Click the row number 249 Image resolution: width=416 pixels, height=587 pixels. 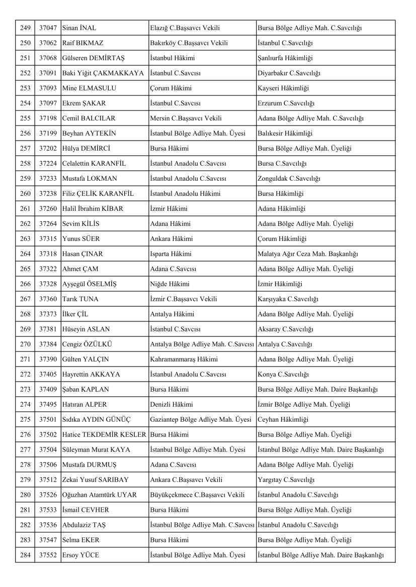point(25,28)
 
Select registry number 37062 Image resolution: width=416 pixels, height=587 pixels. point(48,43)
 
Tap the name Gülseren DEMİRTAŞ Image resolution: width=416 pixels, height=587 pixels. point(93,58)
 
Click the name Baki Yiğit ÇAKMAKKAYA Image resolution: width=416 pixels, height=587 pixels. point(103,73)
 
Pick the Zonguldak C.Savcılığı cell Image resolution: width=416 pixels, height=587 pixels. point(289,179)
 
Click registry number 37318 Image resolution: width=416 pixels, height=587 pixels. point(48,254)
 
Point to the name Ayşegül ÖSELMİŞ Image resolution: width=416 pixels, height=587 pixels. point(89,284)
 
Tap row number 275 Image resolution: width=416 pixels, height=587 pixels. point(25,420)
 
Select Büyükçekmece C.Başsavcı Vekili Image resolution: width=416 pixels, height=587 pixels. point(197,495)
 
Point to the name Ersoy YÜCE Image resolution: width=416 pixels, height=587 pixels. point(80,555)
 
